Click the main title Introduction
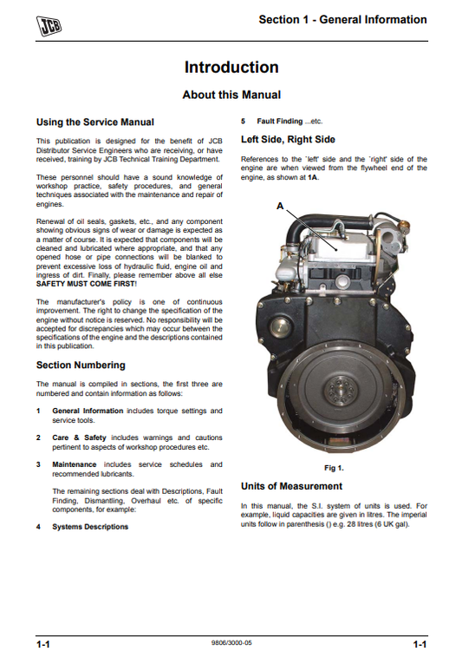point(231,68)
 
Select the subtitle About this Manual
point(231,95)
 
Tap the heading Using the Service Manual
point(94,122)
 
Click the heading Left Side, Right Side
point(288,139)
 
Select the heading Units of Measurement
point(291,486)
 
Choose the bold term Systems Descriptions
point(90,526)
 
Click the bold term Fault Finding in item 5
point(277,122)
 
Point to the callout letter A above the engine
point(279,206)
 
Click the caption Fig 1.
point(334,468)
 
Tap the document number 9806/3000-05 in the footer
point(231,643)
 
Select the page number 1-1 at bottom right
point(419,644)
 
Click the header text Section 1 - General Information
point(342,19)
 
